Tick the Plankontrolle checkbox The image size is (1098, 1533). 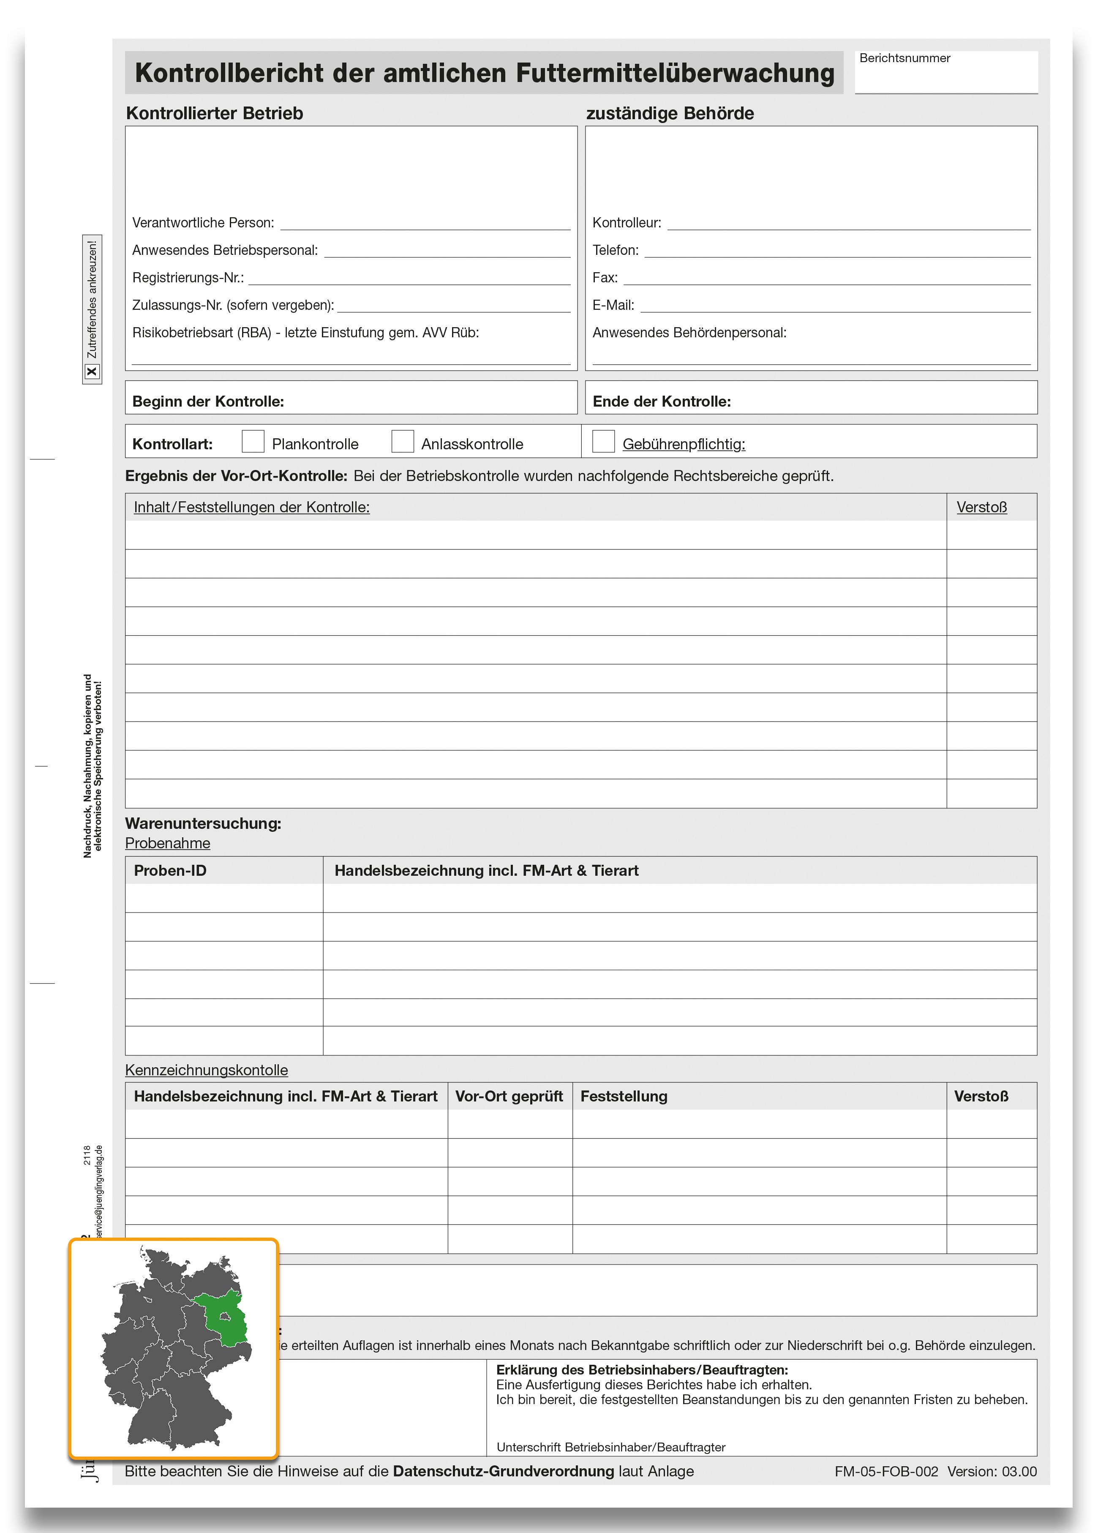coord(253,441)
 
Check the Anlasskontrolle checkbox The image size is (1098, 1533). coord(403,441)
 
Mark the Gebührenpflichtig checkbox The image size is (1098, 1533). coord(603,441)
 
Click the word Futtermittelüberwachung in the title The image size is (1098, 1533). coord(675,73)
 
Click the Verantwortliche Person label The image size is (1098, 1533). coord(203,222)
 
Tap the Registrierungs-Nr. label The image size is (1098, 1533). coord(188,277)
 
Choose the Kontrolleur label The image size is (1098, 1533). coord(627,222)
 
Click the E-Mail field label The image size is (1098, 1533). coord(613,305)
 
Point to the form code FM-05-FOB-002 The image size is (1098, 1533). coord(886,1471)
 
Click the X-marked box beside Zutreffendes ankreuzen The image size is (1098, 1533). coord(92,371)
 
